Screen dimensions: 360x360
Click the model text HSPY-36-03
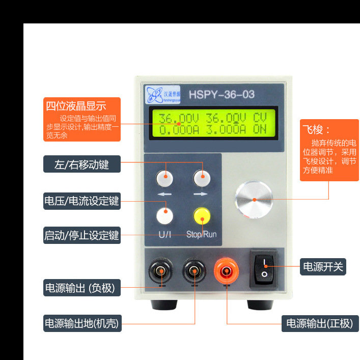click(221, 95)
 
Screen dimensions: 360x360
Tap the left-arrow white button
click(165, 178)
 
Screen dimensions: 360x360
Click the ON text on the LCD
click(260, 129)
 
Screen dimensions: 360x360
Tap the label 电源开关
click(323, 266)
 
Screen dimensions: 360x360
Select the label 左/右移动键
click(81, 164)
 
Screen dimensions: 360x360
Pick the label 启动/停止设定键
click(81, 235)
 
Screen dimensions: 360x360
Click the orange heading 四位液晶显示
click(76, 106)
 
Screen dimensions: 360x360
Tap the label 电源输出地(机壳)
click(81, 323)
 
